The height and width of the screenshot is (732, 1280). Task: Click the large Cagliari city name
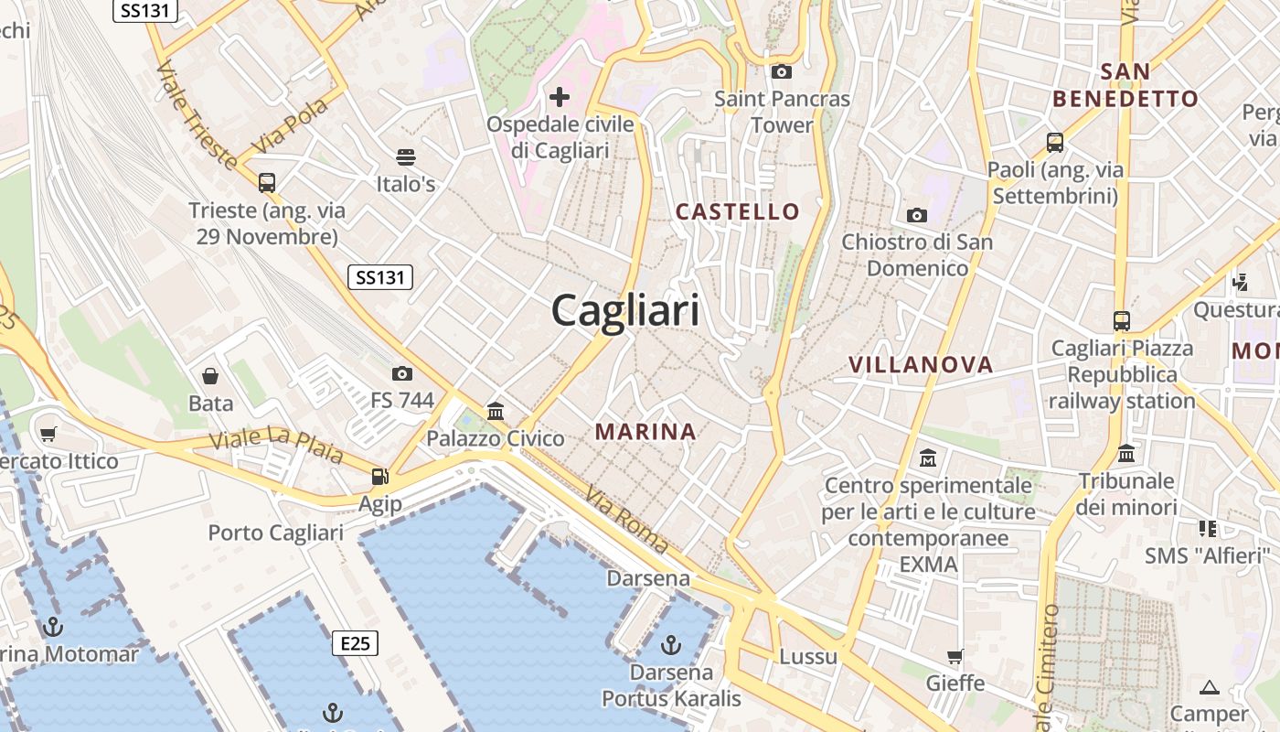click(625, 311)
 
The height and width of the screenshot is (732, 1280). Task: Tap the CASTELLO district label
click(737, 211)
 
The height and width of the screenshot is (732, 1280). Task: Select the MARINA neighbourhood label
click(645, 432)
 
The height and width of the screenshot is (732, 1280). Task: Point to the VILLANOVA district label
click(921, 365)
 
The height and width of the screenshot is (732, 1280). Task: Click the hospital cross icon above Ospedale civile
click(560, 97)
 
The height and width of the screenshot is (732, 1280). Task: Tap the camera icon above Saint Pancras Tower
click(781, 71)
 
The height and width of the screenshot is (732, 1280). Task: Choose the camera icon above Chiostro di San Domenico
click(916, 215)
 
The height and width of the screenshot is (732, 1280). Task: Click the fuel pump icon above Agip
click(379, 477)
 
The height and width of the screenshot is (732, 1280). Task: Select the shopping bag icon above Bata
click(210, 376)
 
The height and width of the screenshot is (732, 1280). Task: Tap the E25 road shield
click(355, 643)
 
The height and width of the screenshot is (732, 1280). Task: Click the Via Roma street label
click(627, 519)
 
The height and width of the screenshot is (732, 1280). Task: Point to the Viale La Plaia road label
click(275, 445)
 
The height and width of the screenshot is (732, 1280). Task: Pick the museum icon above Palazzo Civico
click(496, 411)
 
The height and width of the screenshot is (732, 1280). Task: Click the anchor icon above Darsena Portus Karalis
click(671, 645)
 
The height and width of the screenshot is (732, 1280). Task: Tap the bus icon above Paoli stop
click(1055, 143)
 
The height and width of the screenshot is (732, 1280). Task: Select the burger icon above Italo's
click(406, 157)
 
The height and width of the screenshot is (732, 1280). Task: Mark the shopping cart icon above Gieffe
click(955, 656)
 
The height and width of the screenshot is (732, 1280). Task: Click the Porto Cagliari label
click(275, 533)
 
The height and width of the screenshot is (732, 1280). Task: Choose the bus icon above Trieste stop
click(267, 183)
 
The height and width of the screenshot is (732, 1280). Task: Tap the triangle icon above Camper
click(1210, 687)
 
